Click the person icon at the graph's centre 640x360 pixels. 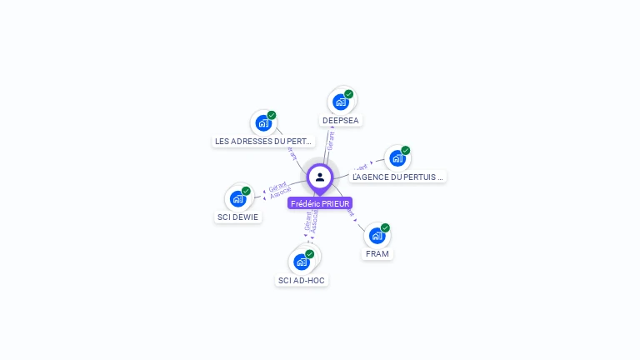320,177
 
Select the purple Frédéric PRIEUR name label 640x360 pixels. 320,203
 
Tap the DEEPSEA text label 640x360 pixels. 341,121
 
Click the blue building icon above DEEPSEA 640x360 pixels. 340,102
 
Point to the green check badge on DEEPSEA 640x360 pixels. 348,94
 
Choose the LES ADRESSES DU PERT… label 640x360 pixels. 263,142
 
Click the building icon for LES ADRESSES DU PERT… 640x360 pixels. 263,123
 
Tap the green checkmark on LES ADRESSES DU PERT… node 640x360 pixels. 272,115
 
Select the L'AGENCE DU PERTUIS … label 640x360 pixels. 398,177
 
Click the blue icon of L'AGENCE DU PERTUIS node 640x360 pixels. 397,157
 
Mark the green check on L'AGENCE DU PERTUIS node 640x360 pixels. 405,151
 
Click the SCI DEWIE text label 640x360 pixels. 237,217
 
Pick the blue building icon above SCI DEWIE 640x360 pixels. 237,198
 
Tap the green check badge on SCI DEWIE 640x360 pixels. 246,191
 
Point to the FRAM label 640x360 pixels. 377,253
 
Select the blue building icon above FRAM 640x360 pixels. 377,235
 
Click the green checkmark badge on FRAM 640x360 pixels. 385,227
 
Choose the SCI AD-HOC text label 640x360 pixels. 302,281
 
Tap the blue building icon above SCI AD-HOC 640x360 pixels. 302,262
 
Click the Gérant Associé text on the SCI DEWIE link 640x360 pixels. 279,188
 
